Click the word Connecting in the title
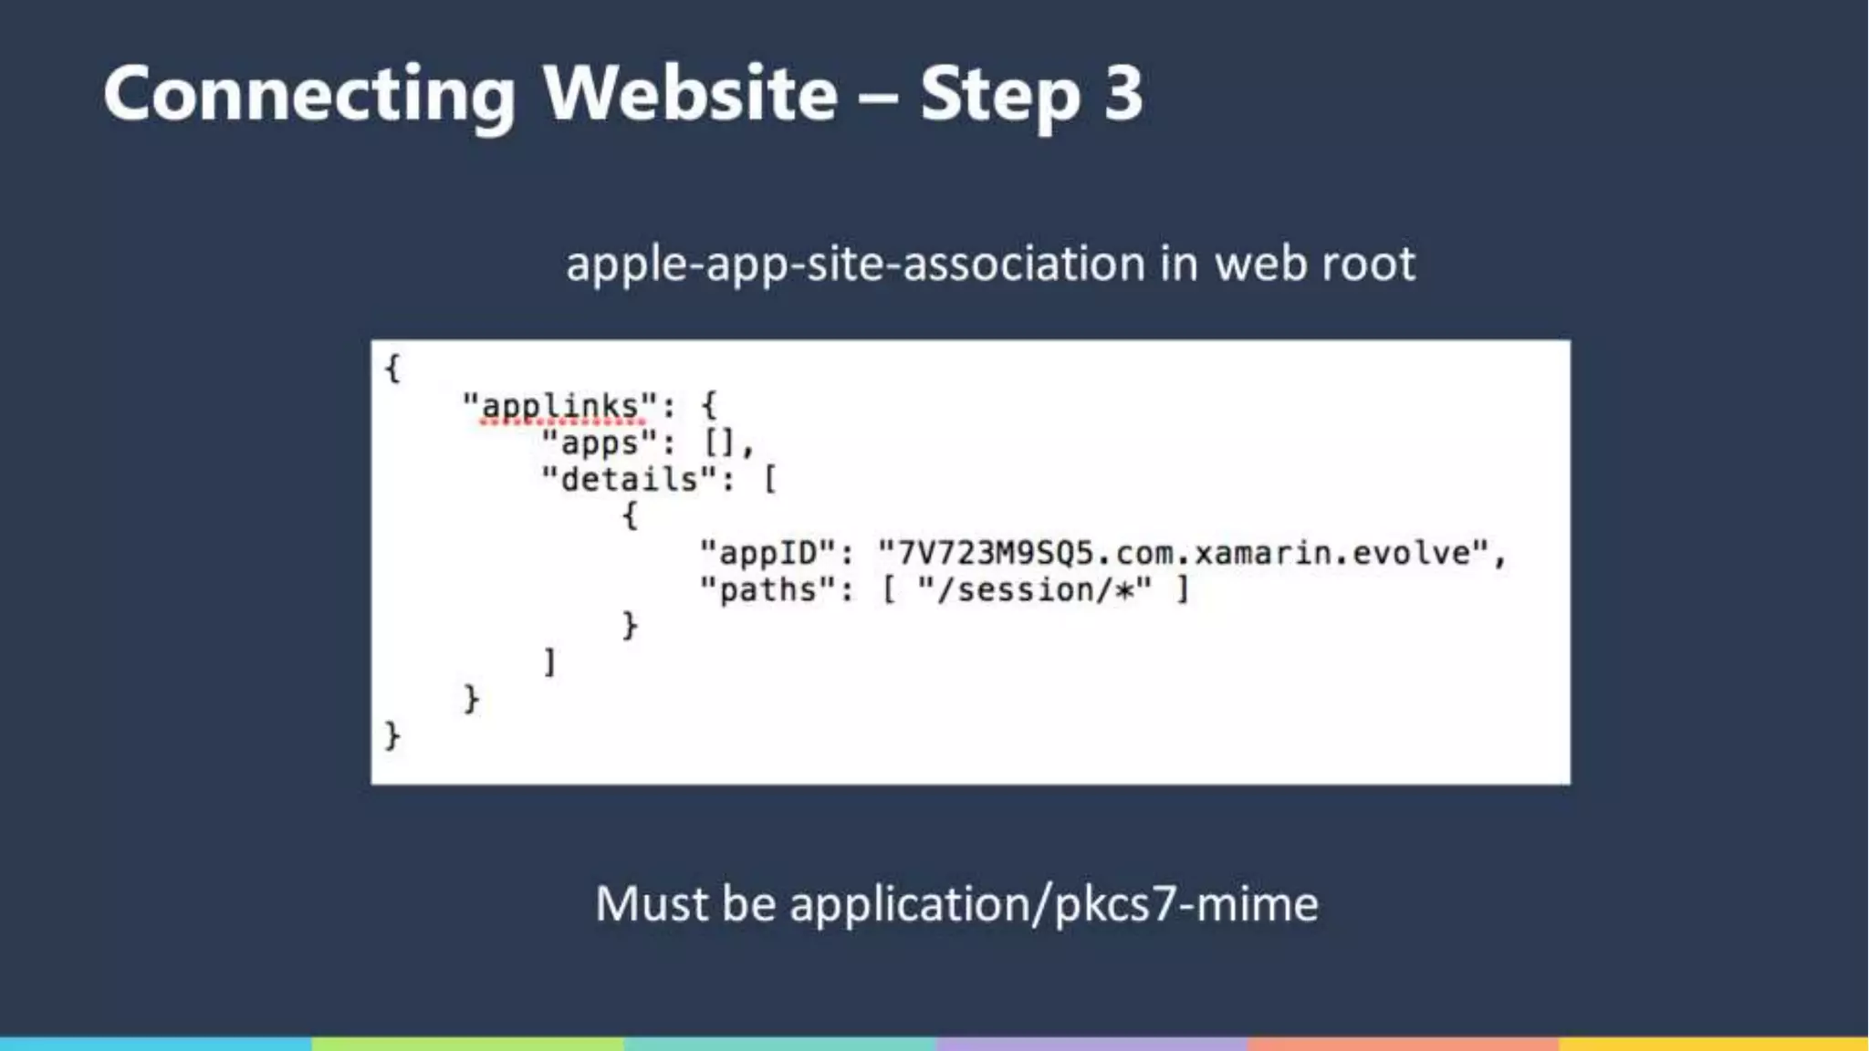(x=309, y=95)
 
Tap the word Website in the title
(x=690, y=93)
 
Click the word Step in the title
(x=1000, y=95)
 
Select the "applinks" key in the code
(x=559, y=406)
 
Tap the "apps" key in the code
(x=600, y=443)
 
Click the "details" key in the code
(x=629, y=480)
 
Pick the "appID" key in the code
(x=767, y=553)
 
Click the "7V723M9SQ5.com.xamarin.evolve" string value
(x=1183, y=553)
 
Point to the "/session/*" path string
(x=1035, y=590)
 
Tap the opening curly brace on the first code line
(x=392, y=369)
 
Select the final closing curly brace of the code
(x=392, y=735)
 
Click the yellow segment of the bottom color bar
(x=1713, y=1044)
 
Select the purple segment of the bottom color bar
(x=1091, y=1044)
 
